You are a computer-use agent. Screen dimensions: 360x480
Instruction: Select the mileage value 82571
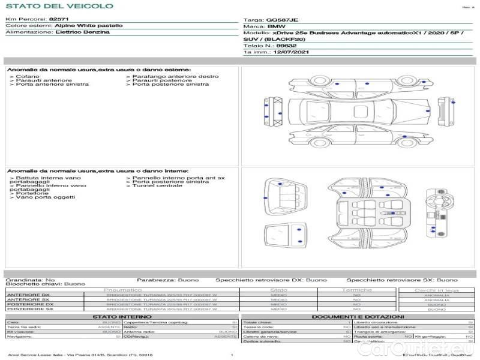59,20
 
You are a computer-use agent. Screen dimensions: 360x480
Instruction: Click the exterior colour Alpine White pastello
89,26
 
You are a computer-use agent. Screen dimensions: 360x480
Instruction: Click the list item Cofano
28,77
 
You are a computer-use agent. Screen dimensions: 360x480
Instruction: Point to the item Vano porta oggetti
41,197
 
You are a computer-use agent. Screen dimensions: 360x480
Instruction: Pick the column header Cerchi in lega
436,290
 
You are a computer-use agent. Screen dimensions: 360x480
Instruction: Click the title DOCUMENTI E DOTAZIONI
358,316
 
